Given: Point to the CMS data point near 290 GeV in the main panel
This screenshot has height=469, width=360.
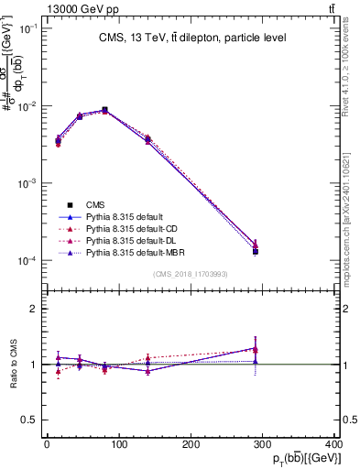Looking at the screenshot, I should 256,251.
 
